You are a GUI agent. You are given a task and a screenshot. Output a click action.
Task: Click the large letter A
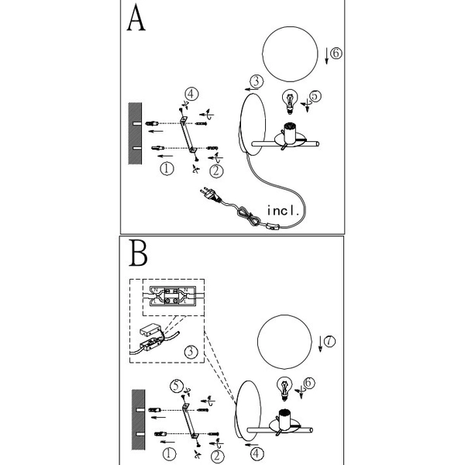(136, 19)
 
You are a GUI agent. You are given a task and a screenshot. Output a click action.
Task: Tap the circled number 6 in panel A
(335, 53)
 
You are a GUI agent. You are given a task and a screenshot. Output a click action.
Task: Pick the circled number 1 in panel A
(165, 167)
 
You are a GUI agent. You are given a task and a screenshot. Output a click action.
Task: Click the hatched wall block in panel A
(132, 133)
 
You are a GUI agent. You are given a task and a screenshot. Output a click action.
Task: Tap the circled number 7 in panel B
(330, 340)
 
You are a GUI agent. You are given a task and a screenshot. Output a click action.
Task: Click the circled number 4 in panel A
(191, 94)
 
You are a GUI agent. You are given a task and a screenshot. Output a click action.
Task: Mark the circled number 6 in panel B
(308, 383)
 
